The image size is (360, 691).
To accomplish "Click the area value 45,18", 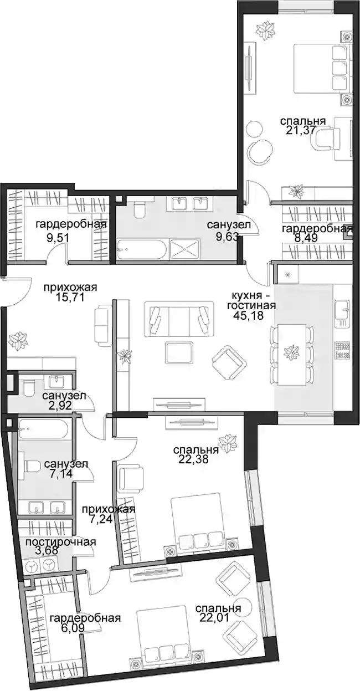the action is tap(249, 316).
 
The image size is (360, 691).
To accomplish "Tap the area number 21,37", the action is tap(301, 130).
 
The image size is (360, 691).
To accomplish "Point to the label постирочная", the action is tap(60, 542).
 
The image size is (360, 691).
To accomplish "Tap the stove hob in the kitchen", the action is tap(342, 351).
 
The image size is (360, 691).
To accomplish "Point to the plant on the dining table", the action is tap(291, 352).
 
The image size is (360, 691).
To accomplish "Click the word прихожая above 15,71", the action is tap(70, 288).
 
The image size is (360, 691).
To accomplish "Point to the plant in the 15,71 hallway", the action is tap(18, 341).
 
